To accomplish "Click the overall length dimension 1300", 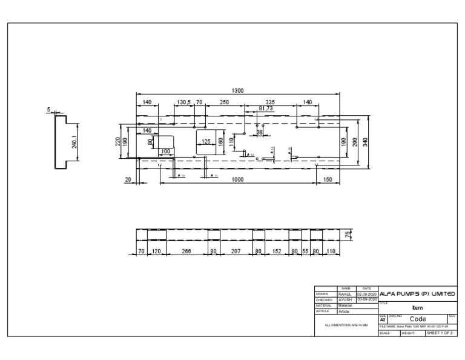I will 237,90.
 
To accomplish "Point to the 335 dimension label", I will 269,102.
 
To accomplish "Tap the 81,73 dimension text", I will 266,108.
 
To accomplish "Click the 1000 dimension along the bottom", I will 237,179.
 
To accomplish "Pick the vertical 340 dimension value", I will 365,141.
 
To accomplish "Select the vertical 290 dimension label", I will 354,141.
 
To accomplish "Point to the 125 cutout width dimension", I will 206,142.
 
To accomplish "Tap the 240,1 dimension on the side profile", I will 74,142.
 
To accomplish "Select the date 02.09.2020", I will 367,294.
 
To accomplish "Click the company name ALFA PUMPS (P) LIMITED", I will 417,293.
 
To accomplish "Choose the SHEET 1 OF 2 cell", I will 440,333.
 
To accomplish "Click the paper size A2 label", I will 382,319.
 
